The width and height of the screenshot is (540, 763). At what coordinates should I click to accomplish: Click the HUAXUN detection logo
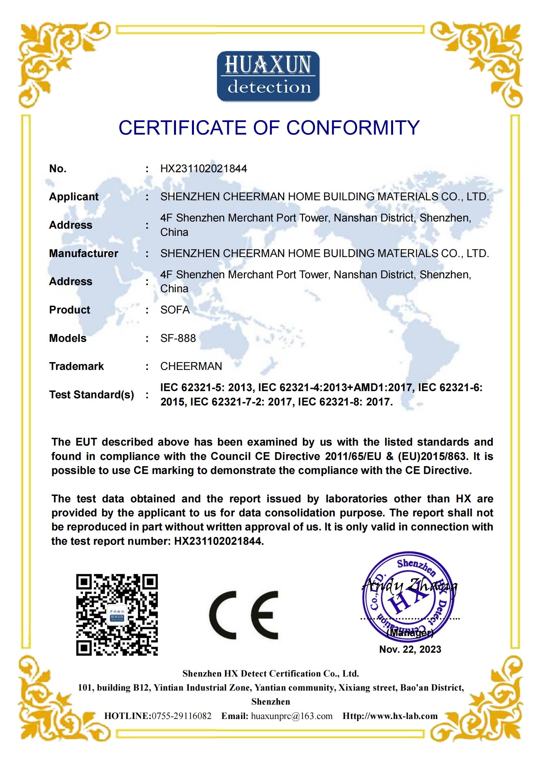(x=268, y=76)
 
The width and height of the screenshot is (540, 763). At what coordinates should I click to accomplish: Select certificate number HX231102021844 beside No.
(x=203, y=169)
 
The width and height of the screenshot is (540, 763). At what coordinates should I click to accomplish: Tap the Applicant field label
(x=74, y=197)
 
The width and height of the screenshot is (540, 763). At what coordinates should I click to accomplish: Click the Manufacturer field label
(x=84, y=253)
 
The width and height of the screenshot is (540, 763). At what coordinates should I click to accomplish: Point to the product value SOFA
(x=175, y=310)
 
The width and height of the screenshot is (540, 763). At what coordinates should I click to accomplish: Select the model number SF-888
(x=178, y=338)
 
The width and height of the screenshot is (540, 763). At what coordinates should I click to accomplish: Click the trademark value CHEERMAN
(x=191, y=366)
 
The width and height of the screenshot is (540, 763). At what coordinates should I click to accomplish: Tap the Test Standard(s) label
(x=91, y=395)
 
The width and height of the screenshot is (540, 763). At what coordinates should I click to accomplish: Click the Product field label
(x=70, y=310)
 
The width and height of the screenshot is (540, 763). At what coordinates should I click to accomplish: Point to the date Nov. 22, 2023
(x=410, y=649)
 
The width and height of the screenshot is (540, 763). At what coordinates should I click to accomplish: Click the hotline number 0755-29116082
(x=182, y=716)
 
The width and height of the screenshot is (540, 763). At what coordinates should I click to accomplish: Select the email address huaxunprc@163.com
(x=292, y=716)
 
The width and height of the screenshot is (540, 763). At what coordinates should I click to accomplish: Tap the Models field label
(x=68, y=338)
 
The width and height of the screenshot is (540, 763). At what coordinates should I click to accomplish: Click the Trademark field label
(x=76, y=366)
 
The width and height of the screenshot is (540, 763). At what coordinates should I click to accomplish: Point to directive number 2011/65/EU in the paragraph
(x=353, y=456)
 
